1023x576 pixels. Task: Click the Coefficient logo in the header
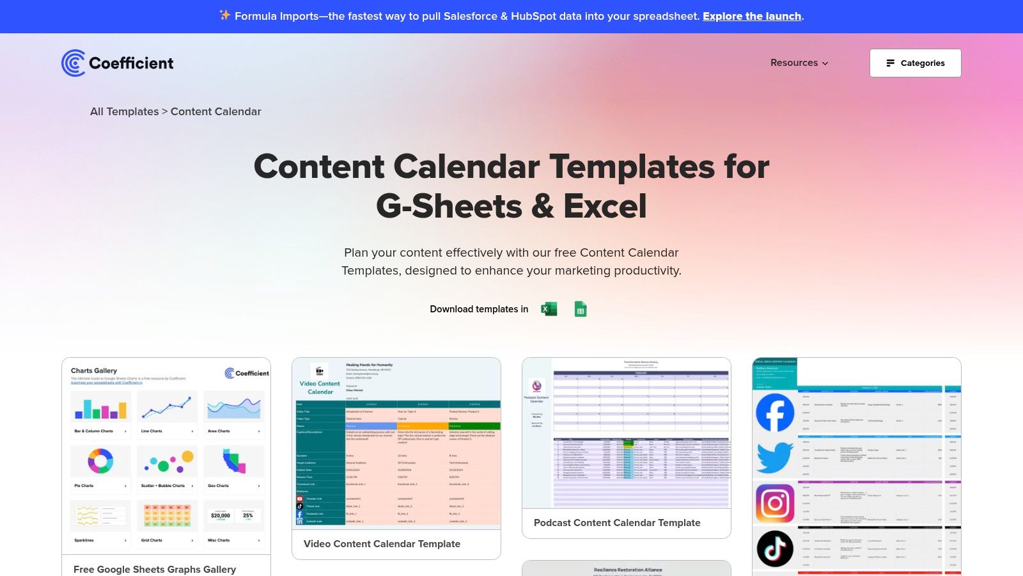click(118, 63)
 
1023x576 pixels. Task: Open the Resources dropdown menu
click(799, 63)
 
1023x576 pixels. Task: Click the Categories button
click(915, 63)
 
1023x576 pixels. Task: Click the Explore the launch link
click(752, 16)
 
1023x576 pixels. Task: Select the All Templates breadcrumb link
click(124, 111)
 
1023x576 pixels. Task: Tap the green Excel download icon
click(549, 309)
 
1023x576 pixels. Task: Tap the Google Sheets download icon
click(581, 309)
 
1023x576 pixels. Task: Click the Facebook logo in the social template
click(775, 413)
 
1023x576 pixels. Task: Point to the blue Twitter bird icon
click(775, 458)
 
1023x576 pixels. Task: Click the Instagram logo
click(775, 504)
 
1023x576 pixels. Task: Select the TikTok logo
click(775, 548)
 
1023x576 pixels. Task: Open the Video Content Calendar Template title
click(382, 544)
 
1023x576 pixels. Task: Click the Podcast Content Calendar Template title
click(617, 523)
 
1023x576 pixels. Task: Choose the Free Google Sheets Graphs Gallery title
click(155, 570)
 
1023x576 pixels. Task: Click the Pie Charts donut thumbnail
click(100, 461)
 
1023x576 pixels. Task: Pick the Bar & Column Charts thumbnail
click(100, 406)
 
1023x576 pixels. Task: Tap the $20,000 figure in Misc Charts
click(221, 515)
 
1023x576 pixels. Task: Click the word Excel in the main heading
click(605, 206)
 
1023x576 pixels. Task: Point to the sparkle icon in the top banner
click(224, 15)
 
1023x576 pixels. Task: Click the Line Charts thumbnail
click(167, 406)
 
